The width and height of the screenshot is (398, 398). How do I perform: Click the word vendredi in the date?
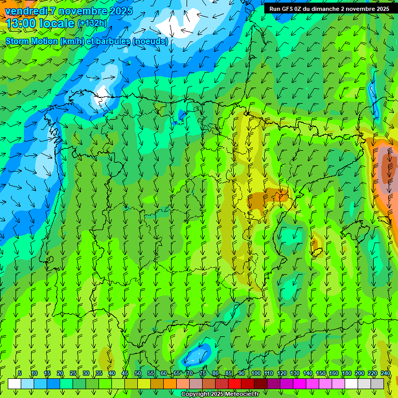[x=25, y=10]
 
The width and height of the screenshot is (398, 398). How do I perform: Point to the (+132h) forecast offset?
[x=92, y=23]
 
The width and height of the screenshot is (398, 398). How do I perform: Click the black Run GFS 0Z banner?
[x=329, y=9]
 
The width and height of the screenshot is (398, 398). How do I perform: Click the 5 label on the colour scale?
[x=20, y=373]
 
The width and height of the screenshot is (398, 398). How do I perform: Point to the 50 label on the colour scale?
[x=138, y=373]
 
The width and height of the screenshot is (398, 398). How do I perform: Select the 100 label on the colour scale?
[x=255, y=373]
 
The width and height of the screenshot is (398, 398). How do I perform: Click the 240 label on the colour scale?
[x=386, y=373]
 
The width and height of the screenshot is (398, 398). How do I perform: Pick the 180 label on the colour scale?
[x=346, y=373]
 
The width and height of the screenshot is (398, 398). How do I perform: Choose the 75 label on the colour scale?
[x=203, y=373]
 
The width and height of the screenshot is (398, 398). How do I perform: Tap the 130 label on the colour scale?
[x=294, y=373]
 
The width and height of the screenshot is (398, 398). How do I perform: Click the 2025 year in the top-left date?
[x=121, y=10]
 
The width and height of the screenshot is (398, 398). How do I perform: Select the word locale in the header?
[x=56, y=23]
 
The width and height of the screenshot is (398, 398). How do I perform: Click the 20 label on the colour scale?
[x=60, y=373]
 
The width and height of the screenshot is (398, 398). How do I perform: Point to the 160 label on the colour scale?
[x=333, y=373]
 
